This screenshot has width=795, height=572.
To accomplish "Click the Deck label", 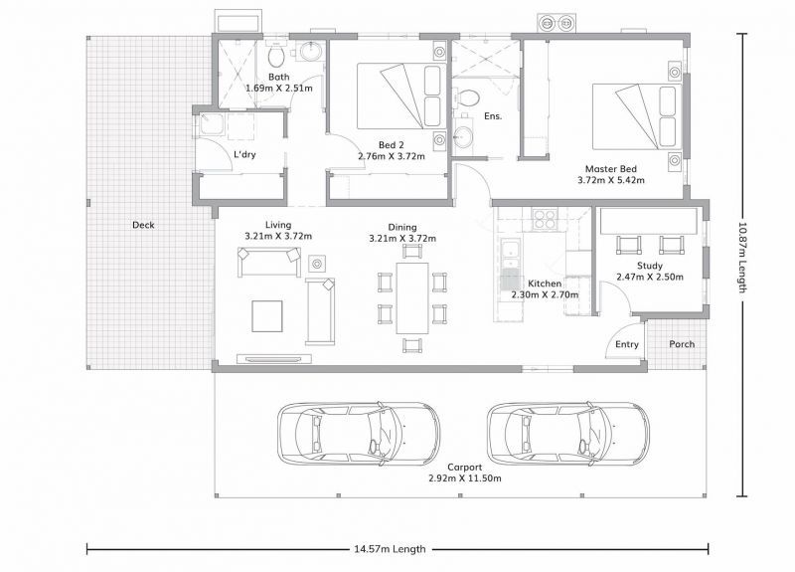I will pos(143,225).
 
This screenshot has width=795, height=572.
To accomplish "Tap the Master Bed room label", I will pos(610,168).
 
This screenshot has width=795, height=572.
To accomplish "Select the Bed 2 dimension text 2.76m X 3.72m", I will pos(391,156).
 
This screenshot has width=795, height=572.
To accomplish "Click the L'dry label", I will pos(246,155).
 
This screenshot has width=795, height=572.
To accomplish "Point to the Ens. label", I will pos(492,116).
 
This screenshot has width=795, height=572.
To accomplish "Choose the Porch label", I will pos(682,345).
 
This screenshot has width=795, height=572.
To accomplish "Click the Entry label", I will pos(627,345).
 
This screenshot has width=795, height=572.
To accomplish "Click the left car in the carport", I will pos(358,433).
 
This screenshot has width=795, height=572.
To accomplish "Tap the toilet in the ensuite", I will pos(466,98).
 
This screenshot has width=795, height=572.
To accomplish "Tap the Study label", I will pos(650,266).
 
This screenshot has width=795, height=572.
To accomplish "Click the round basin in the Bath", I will pos(310,53).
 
